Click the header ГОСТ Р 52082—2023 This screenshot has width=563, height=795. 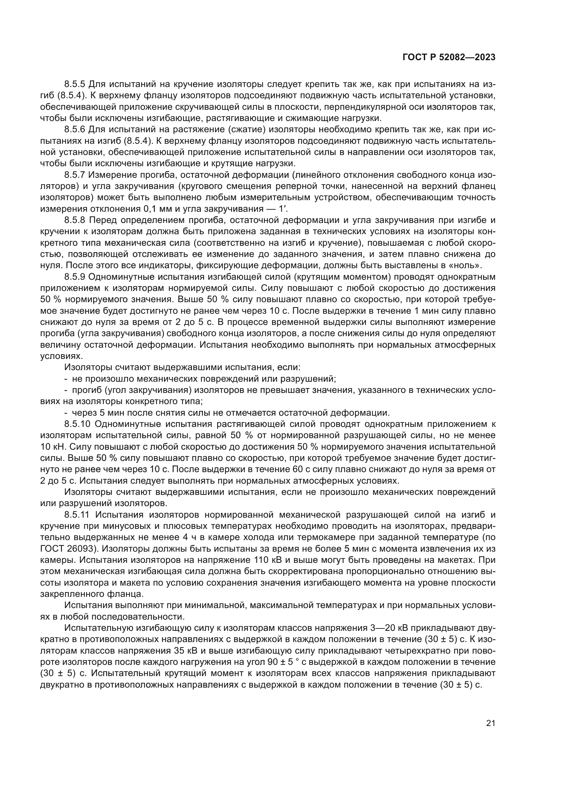tap(449, 57)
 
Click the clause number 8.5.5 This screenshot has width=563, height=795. tap(75, 84)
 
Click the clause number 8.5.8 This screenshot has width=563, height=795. tap(75, 220)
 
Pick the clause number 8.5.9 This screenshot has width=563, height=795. tap(75, 277)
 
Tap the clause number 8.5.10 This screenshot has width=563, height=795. tap(77, 424)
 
